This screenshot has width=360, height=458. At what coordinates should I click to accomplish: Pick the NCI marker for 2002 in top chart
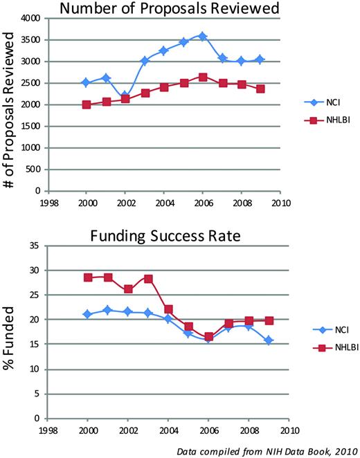[125, 95]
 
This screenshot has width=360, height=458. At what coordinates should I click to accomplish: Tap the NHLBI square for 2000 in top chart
[86, 104]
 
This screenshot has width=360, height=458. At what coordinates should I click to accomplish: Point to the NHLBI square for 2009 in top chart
[260, 89]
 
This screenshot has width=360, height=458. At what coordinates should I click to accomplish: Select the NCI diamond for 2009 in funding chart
[260, 340]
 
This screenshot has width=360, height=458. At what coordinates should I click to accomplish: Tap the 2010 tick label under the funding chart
[279, 429]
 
